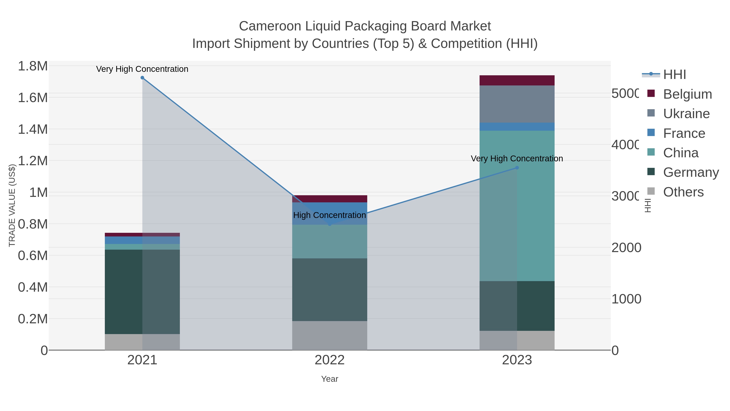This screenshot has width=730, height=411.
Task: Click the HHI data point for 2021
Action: pos(142,78)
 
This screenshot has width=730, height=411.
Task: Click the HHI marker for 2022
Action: pos(330,224)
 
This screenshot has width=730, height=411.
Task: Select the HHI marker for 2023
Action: pos(517,168)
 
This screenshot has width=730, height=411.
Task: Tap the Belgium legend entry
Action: pos(687,94)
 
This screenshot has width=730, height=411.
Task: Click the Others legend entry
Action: pos(683,192)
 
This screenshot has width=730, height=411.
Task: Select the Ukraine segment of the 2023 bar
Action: pos(517,104)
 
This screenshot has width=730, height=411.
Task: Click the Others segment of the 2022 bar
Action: pos(330,335)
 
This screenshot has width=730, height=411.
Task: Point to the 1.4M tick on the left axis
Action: pos(33,129)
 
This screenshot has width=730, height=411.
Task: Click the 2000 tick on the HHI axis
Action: pos(626,248)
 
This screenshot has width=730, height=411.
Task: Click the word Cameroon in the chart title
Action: pos(270,26)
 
